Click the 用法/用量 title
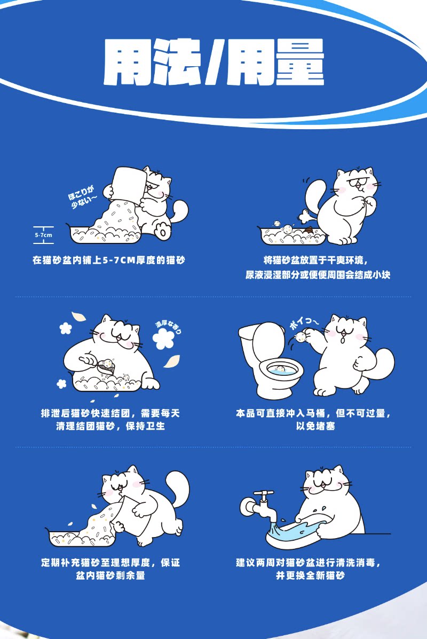coord(213,62)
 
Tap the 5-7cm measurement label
coord(43,235)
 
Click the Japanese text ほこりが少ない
coord(83,196)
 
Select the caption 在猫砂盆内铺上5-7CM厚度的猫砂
coord(109,260)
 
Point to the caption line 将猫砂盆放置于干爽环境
coord(316,260)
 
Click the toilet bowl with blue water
coord(282,372)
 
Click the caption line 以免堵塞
coord(315,427)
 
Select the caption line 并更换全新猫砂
coord(310,575)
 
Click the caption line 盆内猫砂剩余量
coord(110,575)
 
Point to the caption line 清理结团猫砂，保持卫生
coord(110,427)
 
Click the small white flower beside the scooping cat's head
coord(65,328)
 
